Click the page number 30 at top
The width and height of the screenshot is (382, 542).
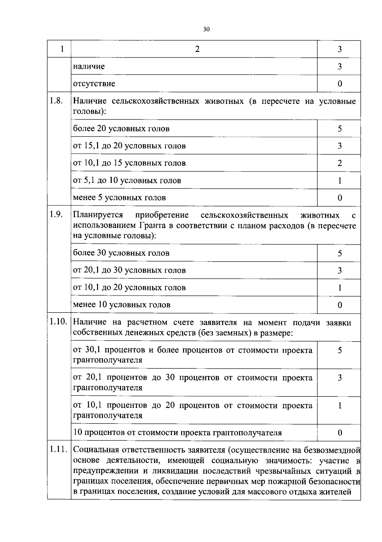pos(206,29)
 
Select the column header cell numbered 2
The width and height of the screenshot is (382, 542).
pos(197,49)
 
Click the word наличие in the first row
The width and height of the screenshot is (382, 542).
pos(89,66)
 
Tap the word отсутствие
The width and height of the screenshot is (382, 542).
pos(94,84)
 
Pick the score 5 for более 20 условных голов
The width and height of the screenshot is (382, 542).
pos(340,129)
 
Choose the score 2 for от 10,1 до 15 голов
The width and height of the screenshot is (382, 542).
pos(340,163)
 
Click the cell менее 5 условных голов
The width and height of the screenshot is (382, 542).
pos(119,198)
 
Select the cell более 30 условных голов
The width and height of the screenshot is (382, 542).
pos(121,253)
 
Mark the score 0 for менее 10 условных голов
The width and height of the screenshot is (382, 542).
pos(340,305)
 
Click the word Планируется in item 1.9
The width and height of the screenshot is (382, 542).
pos(98,215)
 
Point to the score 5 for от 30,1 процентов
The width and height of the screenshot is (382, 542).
pos(340,350)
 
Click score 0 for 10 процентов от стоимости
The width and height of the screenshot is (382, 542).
pos(340,433)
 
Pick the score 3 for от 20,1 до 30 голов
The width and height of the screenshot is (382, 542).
pos(340,271)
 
